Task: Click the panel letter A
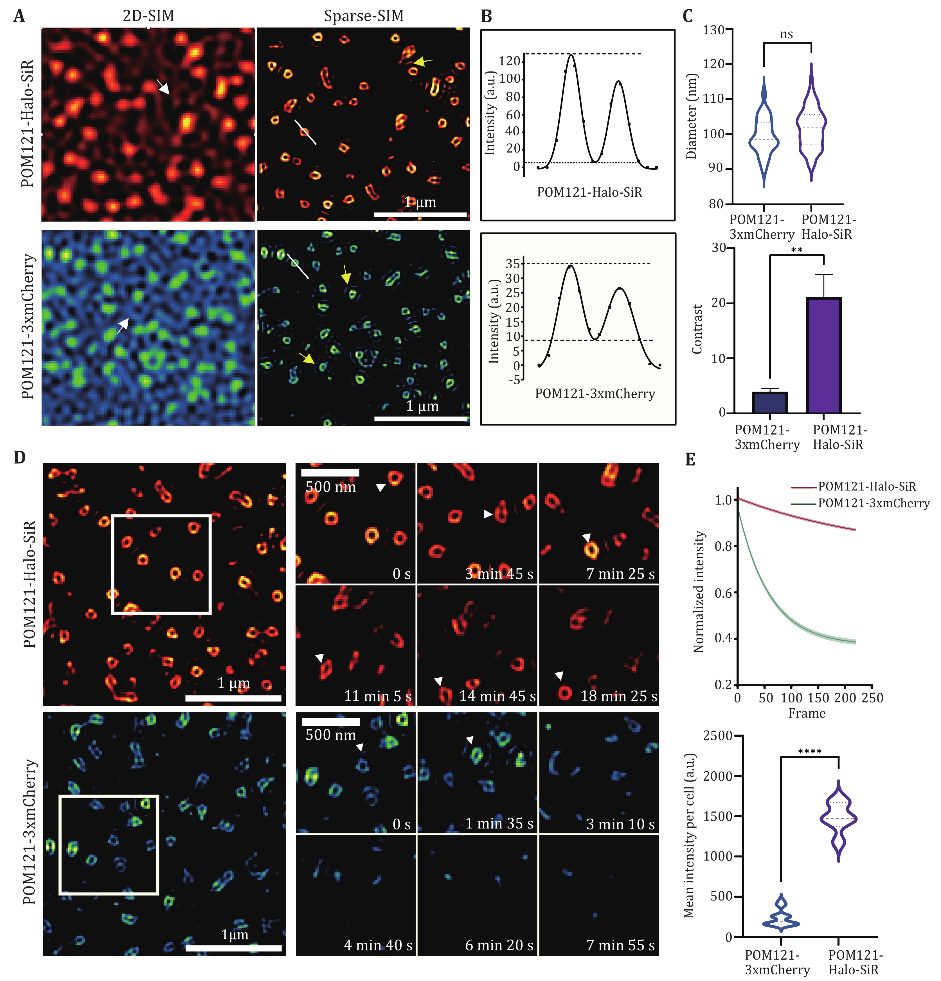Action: click(19, 17)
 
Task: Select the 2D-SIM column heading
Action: click(148, 16)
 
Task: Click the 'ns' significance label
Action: click(786, 34)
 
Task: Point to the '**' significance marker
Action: click(797, 250)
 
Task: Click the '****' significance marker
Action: click(809, 752)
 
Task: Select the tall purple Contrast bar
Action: click(823, 355)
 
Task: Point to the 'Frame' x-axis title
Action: click(806, 713)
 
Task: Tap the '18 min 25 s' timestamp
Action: click(619, 696)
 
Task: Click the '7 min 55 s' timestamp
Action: click(620, 946)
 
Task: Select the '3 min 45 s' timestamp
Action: click(499, 574)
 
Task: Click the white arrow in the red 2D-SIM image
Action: click(164, 87)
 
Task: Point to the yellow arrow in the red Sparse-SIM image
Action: click(423, 62)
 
